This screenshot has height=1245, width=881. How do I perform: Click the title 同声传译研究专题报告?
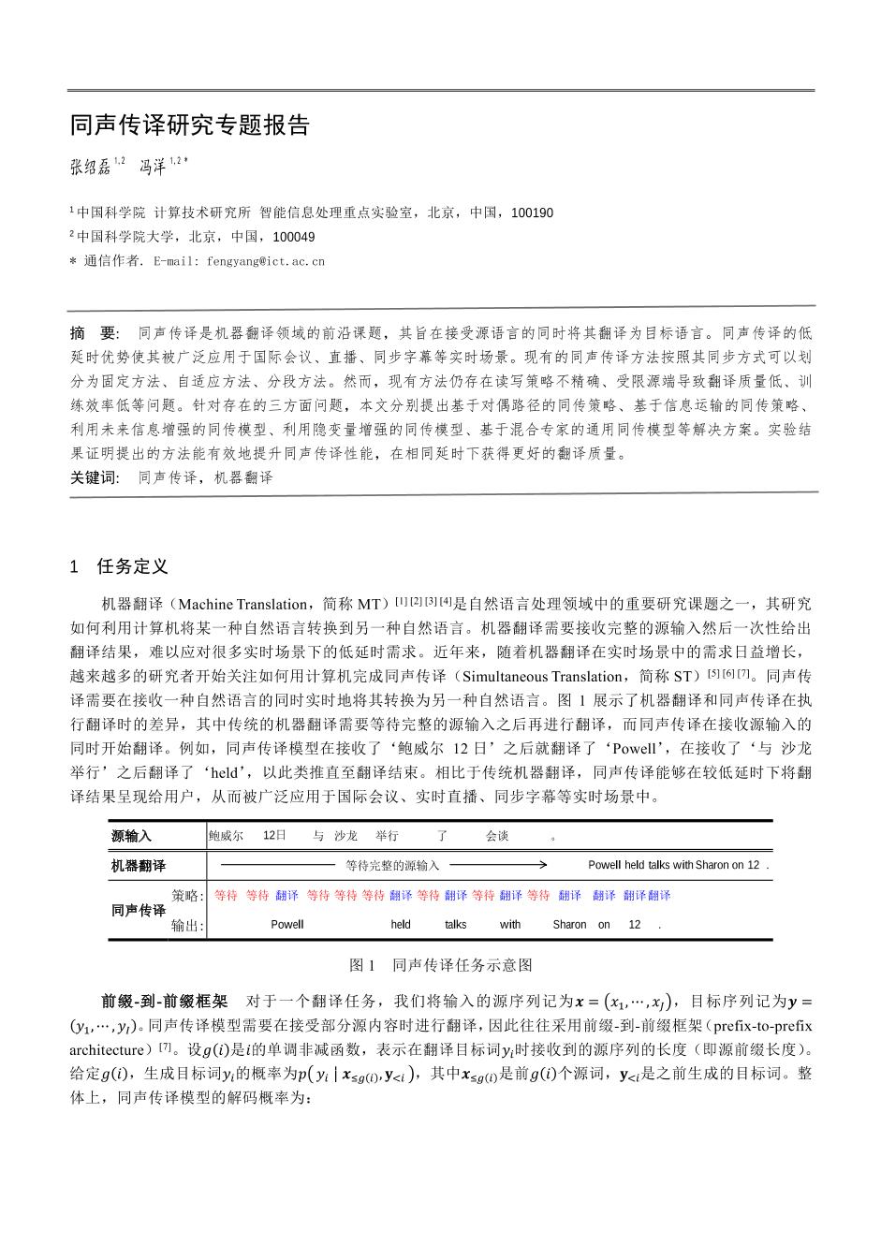click(x=189, y=125)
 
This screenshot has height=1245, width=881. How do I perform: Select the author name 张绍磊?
click(x=90, y=168)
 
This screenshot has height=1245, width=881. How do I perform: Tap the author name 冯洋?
click(x=153, y=168)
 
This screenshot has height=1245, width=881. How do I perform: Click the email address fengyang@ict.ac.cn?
click(x=266, y=261)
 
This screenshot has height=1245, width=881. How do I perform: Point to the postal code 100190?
click(x=533, y=212)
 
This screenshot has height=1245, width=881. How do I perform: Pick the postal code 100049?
click(x=293, y=237)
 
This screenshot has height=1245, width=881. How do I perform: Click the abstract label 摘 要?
click(x=94, y=332)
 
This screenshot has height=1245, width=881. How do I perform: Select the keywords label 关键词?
click(x=94, y=477)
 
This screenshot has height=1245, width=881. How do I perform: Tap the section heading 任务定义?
click(x=132, y=566)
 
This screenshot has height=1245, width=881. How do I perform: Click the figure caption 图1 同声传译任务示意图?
click(x=440, y=964)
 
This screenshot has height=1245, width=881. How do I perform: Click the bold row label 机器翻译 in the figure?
click(x=138, y=866)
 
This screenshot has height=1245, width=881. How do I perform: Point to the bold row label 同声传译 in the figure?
click(x=138, y=910)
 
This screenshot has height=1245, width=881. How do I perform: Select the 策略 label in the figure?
click(x=187, y=896)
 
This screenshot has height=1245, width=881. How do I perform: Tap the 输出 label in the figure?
click(x=187, y=925)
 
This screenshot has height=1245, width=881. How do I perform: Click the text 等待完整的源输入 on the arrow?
click(x=392, y=866)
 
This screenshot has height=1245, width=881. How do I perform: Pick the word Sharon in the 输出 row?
click(x=569, y=925)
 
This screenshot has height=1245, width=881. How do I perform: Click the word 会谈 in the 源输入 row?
click(x=497, y=836)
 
